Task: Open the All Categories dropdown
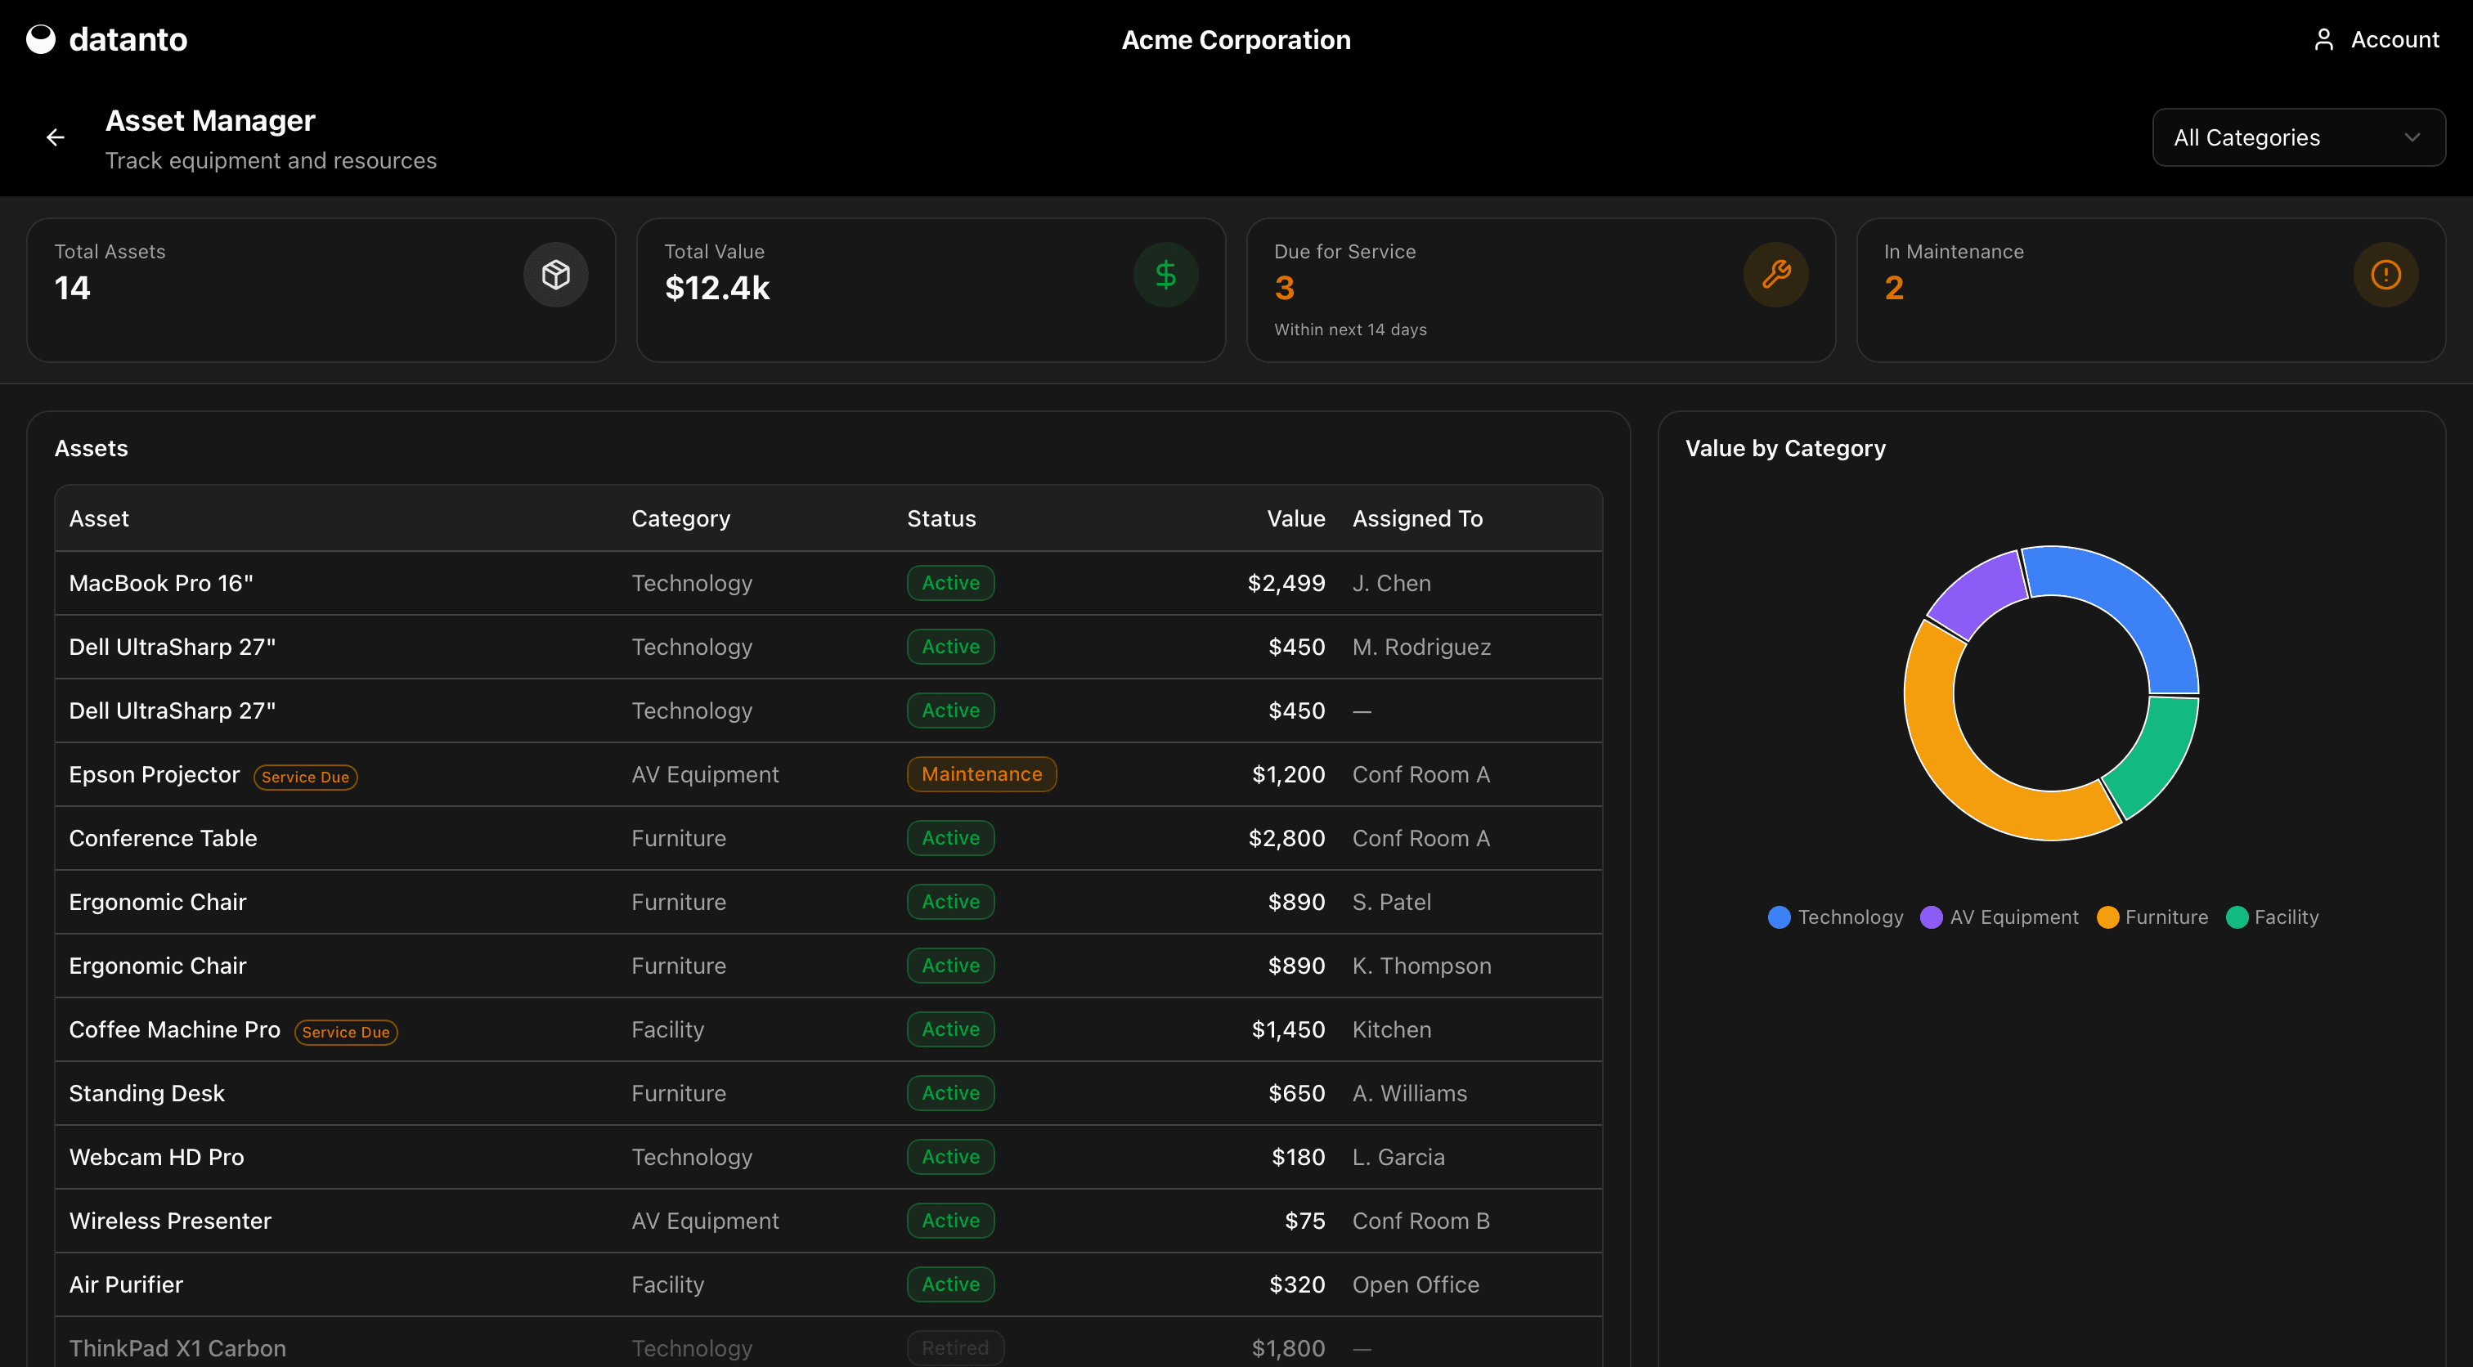tap(2297, 137)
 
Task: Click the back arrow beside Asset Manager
tap(56, 138)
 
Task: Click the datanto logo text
tap(128, 39)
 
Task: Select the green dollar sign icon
tap(1165, 276)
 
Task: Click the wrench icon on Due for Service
tap(1775, 276)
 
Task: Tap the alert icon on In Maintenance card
tap(2385, 276)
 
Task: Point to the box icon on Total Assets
tap(556, 276)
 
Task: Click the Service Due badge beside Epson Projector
tap(305, 777)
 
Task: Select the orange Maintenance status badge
tap(981, 773)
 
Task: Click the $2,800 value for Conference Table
tap(1286, 838)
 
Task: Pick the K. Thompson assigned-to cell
tap(1421, 966)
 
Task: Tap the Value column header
tap(1295, 518)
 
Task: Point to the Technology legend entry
tap(1836, 917)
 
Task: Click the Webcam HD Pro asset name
tap(156, 1157)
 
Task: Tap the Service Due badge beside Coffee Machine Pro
tap(346, 1032)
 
